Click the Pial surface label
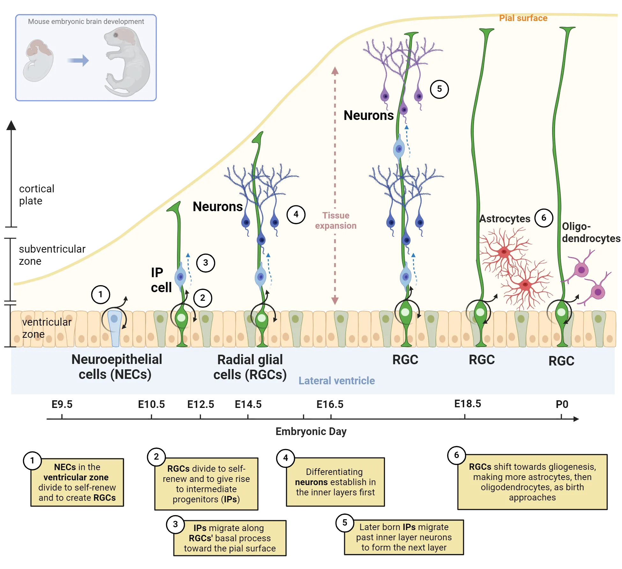coord(523,18)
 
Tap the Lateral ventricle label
coord(337,381)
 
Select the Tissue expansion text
coord(336,220)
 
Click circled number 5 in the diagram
coord(439,89)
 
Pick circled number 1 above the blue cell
coord(100,294)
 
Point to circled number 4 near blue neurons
coord(296,214)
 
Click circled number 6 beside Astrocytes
coord(544,218)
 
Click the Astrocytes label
coord(505,219)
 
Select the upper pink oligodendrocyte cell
coord(581,270)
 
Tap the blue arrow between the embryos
coord(78,60)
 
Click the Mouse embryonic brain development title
coord(86,21)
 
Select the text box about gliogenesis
coord(532,482)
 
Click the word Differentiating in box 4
coord(334,472)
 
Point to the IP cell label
coord(160,280)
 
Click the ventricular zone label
coord(46,328)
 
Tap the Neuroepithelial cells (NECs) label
coord(116,367)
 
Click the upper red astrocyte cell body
coord(504,252)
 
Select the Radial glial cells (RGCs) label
coord(250,367)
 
